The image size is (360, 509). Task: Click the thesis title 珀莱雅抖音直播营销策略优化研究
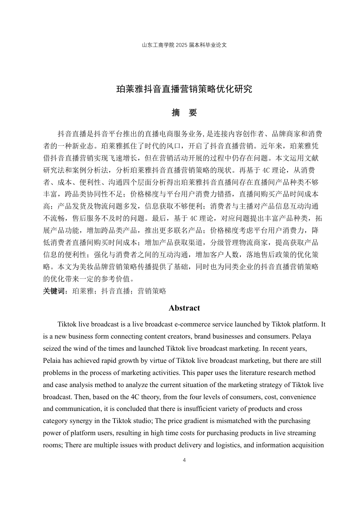[184, 89]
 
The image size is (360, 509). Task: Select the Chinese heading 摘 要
[184, 112]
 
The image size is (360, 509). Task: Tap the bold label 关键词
[55, 291]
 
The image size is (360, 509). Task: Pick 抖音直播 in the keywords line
[116, 291]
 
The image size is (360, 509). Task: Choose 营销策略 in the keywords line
[152, 291]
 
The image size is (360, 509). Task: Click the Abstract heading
[184, 308]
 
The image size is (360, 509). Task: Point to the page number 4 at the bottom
[184, 460]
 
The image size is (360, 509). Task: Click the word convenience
[298, 397]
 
